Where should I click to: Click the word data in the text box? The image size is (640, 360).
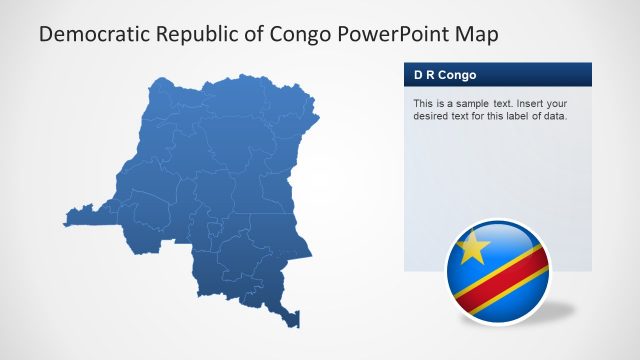click(x=553, y=116)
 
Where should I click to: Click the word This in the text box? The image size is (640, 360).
click(x=423, y=103)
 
